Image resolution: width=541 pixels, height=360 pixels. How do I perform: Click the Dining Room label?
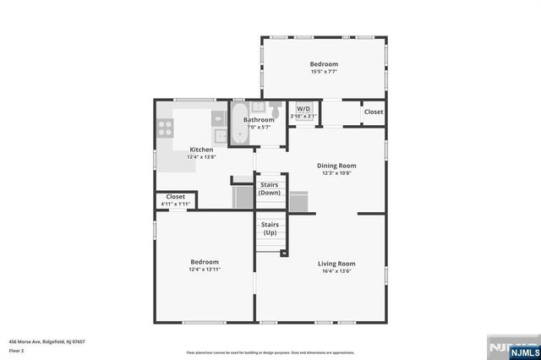336,166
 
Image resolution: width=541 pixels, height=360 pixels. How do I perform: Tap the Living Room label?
336,264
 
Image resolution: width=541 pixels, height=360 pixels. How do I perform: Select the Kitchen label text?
201,150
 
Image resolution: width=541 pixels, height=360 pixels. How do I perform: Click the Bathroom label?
259,120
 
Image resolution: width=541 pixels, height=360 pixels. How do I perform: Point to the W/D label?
303,109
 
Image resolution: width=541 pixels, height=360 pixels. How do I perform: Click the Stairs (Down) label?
270,188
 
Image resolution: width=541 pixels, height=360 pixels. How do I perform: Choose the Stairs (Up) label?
270,228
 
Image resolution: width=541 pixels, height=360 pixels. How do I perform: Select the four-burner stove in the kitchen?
165,129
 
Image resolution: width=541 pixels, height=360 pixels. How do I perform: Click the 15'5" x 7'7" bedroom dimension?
324,72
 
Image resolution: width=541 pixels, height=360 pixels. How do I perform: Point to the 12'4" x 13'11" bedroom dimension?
205,270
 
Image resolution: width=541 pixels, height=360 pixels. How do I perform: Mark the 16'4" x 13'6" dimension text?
336,271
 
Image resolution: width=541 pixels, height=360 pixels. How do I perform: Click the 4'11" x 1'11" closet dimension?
176,204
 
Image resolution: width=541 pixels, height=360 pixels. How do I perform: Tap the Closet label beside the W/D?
373,112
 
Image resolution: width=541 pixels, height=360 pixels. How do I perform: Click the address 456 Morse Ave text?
47,341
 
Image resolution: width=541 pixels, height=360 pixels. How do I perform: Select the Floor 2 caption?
17,350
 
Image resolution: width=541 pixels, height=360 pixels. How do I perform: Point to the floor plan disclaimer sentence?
270,352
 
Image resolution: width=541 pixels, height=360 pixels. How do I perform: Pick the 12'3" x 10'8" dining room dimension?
336,173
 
